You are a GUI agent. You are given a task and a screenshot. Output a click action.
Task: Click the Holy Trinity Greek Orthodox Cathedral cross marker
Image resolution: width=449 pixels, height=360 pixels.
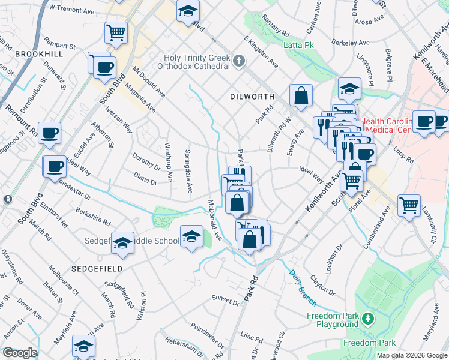click(x=239, y=61)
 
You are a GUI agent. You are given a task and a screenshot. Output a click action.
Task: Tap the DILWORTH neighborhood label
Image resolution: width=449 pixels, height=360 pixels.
click(x=252, y=97)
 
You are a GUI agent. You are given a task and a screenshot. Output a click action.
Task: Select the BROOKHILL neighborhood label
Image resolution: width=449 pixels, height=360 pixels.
click(x=40, y=54)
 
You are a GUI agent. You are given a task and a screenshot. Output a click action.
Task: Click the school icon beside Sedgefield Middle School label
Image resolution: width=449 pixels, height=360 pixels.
click(x=122, y=242)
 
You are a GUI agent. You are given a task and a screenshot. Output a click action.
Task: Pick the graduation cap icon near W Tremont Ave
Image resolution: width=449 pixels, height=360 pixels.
click(x=188, y=11)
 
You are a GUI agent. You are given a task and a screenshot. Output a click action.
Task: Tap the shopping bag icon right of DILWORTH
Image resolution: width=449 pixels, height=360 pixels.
click(x=301, y=95)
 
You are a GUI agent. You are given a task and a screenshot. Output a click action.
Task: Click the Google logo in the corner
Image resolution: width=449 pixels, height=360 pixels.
click(x=19, y=353)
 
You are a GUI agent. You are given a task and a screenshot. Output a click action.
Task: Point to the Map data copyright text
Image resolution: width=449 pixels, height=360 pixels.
click(x=411, y=355)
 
